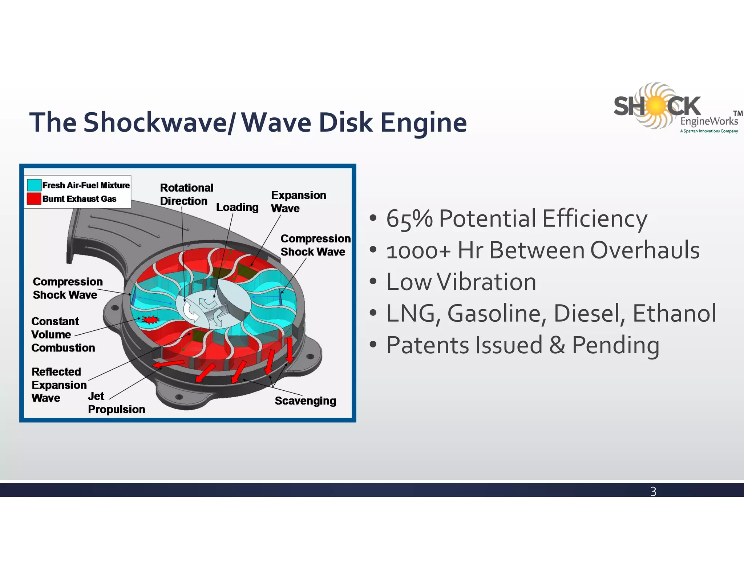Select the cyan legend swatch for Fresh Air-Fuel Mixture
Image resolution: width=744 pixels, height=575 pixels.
click(34, 185)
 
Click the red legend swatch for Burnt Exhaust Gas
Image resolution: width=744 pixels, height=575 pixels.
click(34, 199)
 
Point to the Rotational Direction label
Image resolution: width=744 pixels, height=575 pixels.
click(186, 194)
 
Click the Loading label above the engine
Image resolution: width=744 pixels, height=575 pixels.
click(237, 207)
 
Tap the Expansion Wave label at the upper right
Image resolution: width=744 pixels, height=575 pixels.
click(298, 202)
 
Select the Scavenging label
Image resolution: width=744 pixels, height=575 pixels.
click(305, 401)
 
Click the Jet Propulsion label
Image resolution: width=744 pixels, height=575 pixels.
click(116, 403)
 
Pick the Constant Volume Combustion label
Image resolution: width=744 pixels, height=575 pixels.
click(62, 334)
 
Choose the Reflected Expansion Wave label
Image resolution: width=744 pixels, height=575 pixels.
click(59, 385)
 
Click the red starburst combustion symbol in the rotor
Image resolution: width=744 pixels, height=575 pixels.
click(150, 319)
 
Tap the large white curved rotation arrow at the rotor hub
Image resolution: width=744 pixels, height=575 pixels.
click(191, 311)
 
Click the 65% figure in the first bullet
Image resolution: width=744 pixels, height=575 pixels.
click(409, 219)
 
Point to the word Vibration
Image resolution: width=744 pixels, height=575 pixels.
click(486, 282)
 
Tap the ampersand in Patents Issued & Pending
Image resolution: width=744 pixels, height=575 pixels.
click(558, 345)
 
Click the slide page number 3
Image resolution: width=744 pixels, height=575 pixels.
click(653, 491)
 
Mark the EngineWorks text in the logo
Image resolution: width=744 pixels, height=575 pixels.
click(709, 121)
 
